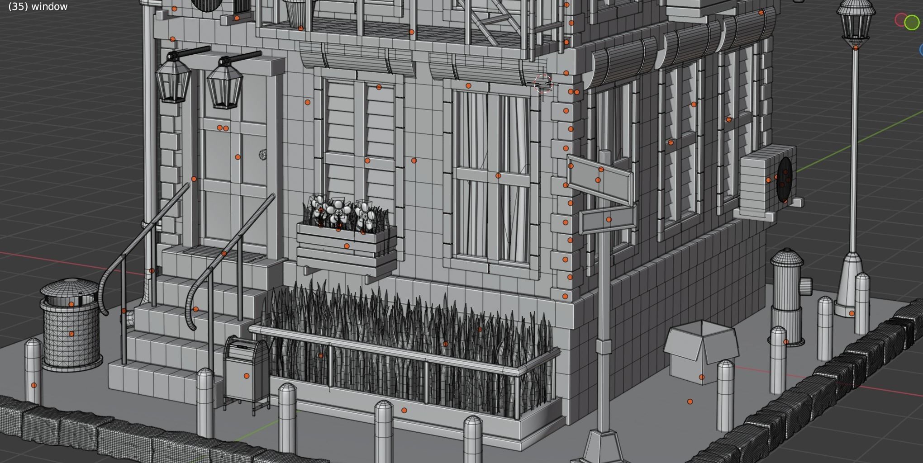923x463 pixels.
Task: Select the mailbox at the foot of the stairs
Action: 246,373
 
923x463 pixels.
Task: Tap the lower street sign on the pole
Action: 608,218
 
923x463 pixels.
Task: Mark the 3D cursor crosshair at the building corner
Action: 543,84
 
